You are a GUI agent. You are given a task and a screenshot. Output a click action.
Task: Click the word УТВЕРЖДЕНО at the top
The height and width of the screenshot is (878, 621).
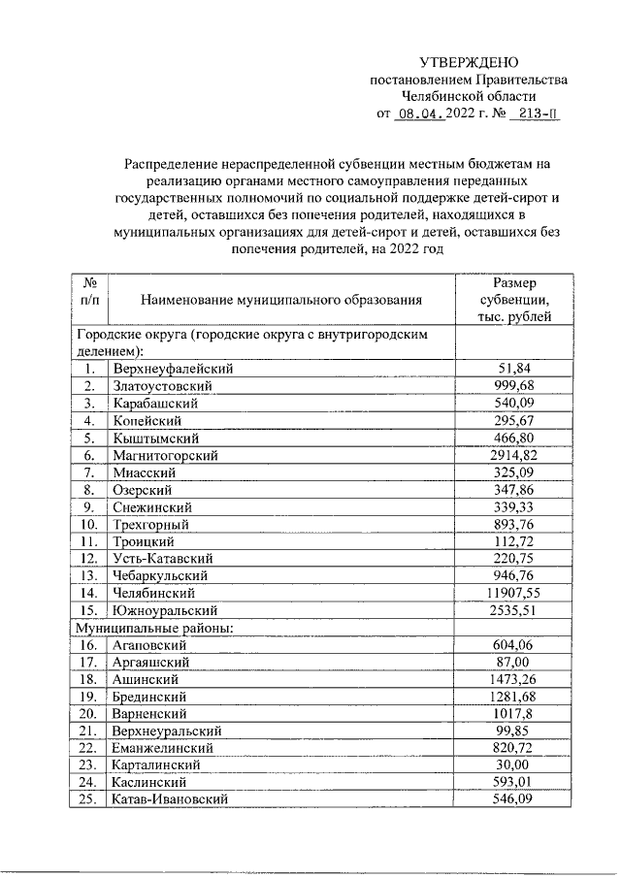coord(469,62)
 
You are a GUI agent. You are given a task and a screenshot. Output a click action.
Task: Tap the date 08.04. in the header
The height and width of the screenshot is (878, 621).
coord(420,114)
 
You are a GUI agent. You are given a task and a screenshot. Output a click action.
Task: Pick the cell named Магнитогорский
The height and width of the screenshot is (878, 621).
coord(166,455)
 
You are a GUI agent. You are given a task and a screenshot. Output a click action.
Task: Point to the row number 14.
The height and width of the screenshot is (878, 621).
coord(89,593)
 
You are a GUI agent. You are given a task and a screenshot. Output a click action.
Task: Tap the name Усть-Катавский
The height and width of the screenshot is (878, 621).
coord(163,559)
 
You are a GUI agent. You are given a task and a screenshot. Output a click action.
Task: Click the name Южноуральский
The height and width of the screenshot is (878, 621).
coord(165,610)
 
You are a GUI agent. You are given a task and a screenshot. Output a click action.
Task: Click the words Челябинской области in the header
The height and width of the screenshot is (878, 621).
coord(469,96)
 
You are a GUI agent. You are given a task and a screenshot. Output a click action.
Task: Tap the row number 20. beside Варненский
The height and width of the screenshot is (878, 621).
coord(89,713)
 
